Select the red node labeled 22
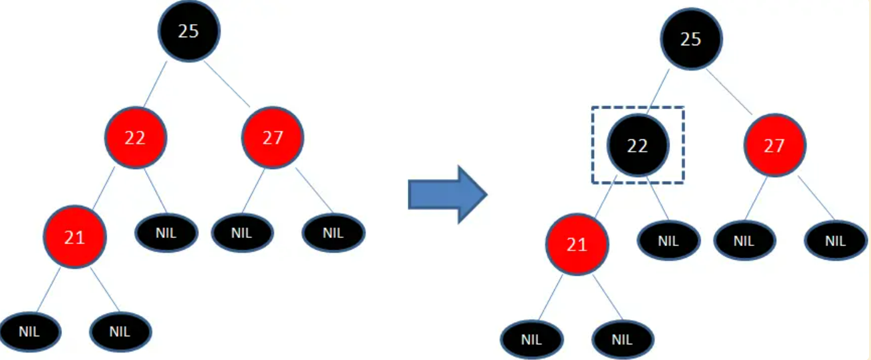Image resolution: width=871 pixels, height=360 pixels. point(135,138)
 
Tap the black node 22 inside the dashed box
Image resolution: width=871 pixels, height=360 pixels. point(637,145)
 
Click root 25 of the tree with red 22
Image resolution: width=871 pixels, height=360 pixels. point(188,32)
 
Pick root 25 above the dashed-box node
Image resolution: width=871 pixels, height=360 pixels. point(691,40)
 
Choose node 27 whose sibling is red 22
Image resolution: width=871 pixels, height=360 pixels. point(273,138)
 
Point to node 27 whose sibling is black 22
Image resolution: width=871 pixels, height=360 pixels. point(774,146)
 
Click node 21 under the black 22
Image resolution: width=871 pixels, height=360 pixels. point(577,245)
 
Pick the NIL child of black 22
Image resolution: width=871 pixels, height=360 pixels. point(668,241)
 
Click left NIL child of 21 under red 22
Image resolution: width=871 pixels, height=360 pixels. point(29,331)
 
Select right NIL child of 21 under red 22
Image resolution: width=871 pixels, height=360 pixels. point(120,331)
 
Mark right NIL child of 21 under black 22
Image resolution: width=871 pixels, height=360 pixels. point(622,339)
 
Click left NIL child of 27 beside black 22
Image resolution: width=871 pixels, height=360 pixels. point(743,241)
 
